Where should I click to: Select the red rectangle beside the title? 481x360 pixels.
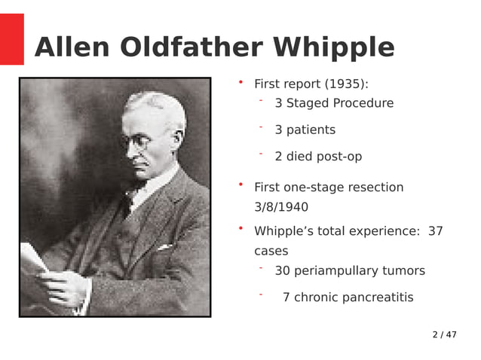tap(11, 39)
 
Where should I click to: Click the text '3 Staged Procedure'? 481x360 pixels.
tap(334, 103)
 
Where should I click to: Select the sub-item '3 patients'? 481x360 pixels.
tap(305, 130)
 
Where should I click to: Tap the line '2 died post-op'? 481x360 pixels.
tap(318, 157)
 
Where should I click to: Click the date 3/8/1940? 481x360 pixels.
tap(281, 207)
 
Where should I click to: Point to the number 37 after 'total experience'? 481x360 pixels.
tap(435, 231)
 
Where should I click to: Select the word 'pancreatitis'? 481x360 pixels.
tap(377, 297)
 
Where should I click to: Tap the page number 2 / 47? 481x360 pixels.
tap(444, 334)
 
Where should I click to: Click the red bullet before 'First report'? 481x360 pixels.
tap(240, 81)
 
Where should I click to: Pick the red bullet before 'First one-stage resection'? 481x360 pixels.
tap(240, 185)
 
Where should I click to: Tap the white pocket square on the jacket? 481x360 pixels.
tap(164, 246)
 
